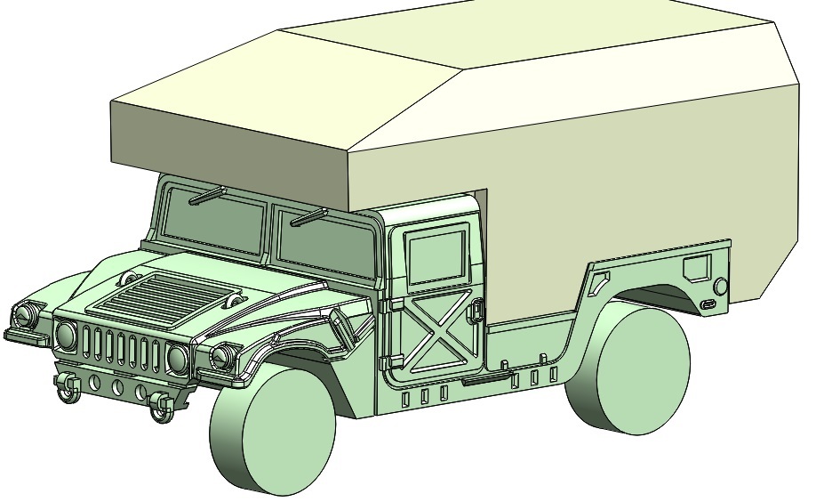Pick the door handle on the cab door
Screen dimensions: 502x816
tap(477, 311)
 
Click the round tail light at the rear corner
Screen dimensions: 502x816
tap(720, 286)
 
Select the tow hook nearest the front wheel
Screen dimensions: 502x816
tap(159, 406)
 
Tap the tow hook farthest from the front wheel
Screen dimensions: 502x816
tap(65, 386)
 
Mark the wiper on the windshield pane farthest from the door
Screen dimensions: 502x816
tap(206, 196)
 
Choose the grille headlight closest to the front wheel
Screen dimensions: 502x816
tap(177, 358)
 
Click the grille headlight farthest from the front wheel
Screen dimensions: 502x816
tap(66, 335)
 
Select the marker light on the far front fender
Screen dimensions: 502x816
tap(26, 313)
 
